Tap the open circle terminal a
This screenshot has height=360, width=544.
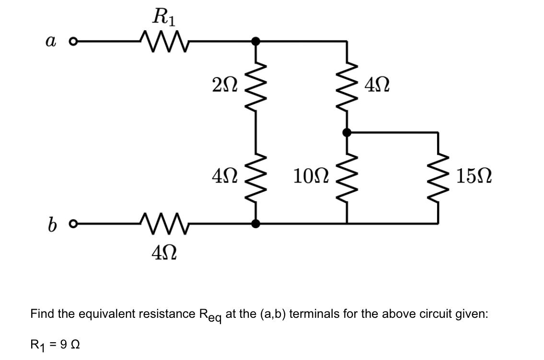click(x=73, y=42)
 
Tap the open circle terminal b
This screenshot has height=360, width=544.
click(x=73, y=223)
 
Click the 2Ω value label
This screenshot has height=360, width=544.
click(x=224, y=86)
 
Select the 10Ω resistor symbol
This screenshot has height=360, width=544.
click(x=347, y=177)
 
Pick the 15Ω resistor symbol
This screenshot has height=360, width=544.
click(x=438, y=177)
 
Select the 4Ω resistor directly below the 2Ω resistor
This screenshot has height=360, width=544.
click(x=256, y=177)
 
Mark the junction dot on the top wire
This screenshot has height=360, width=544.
click(x=256, y=42)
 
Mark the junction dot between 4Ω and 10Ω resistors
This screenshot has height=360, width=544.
click(x=347, y=132)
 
